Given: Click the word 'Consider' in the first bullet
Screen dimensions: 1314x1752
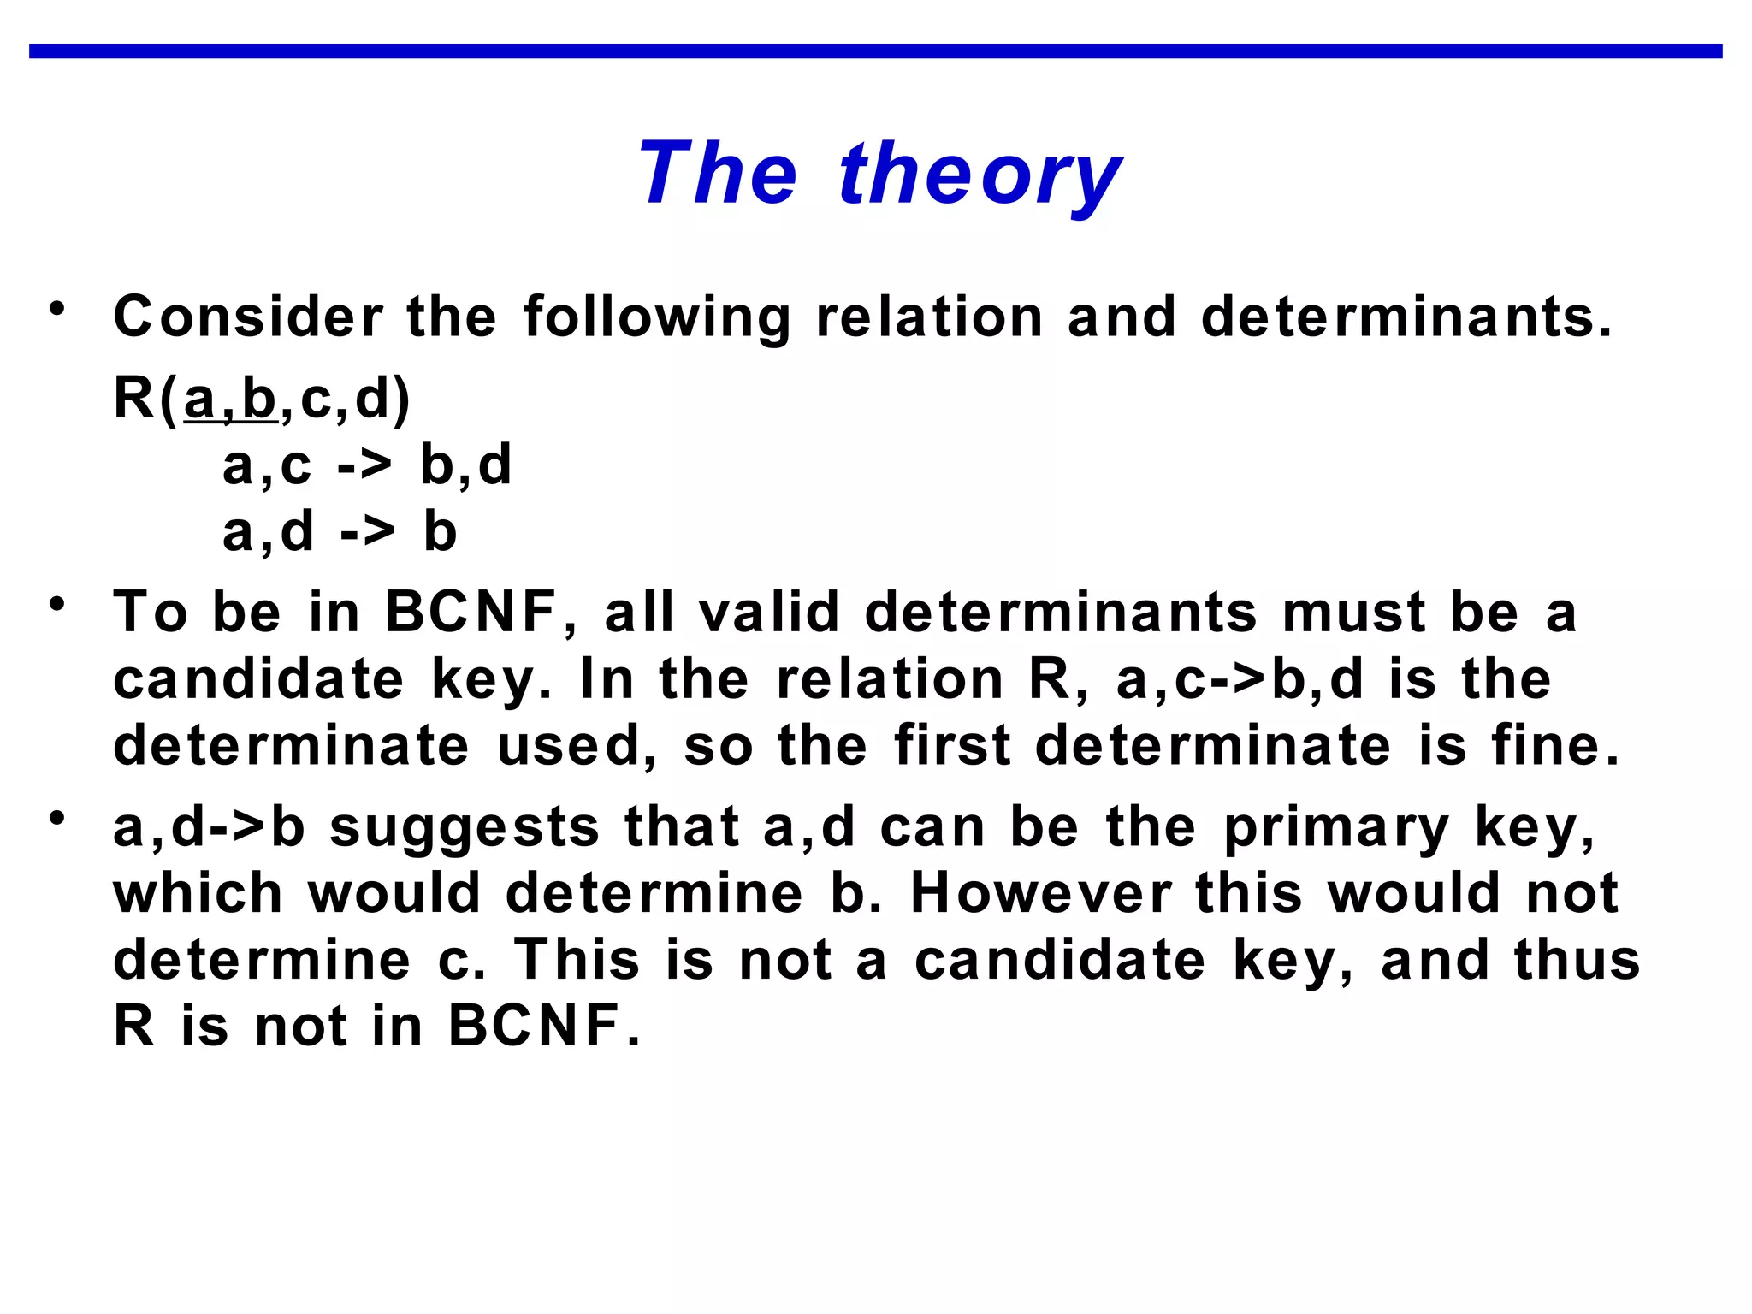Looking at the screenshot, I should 249,317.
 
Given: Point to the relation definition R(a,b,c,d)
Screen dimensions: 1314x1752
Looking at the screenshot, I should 262,399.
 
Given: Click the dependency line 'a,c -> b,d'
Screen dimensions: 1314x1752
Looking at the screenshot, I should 366,466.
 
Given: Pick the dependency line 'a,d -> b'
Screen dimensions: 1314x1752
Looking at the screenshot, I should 340,532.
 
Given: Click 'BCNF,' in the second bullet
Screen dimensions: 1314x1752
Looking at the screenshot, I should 482,613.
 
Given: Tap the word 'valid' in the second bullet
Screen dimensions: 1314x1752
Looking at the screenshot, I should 769,613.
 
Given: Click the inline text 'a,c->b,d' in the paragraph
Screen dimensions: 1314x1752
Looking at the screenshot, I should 1239,679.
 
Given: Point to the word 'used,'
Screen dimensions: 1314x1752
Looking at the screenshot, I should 577,745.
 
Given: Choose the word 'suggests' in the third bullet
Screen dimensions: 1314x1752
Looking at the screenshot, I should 465,829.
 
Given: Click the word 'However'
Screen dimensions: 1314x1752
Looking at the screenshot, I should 1040,894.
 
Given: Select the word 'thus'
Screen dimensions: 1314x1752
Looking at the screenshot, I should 1577,960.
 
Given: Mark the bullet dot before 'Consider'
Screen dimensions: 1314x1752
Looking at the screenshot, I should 57,308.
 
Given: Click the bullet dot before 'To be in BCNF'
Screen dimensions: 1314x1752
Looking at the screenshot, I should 57,604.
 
